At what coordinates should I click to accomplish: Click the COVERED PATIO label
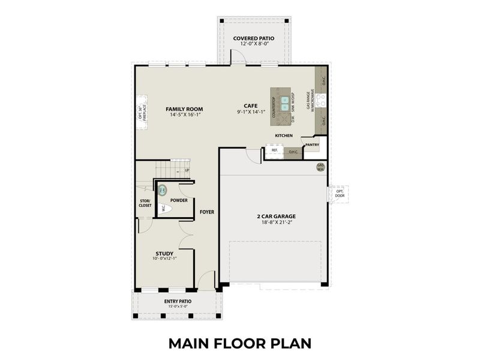point(254,39)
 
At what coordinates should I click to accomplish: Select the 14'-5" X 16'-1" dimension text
point(186,115)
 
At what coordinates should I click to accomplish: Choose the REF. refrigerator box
point(274,151)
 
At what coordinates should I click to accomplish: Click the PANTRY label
point(311,145)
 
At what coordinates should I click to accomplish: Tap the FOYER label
point(208,212)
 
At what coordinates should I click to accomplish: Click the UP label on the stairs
point(187,170)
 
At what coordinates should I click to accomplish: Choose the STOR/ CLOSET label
point(145,203)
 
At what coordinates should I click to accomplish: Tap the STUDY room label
point(164,253)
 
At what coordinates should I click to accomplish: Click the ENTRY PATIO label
point(177,302)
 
